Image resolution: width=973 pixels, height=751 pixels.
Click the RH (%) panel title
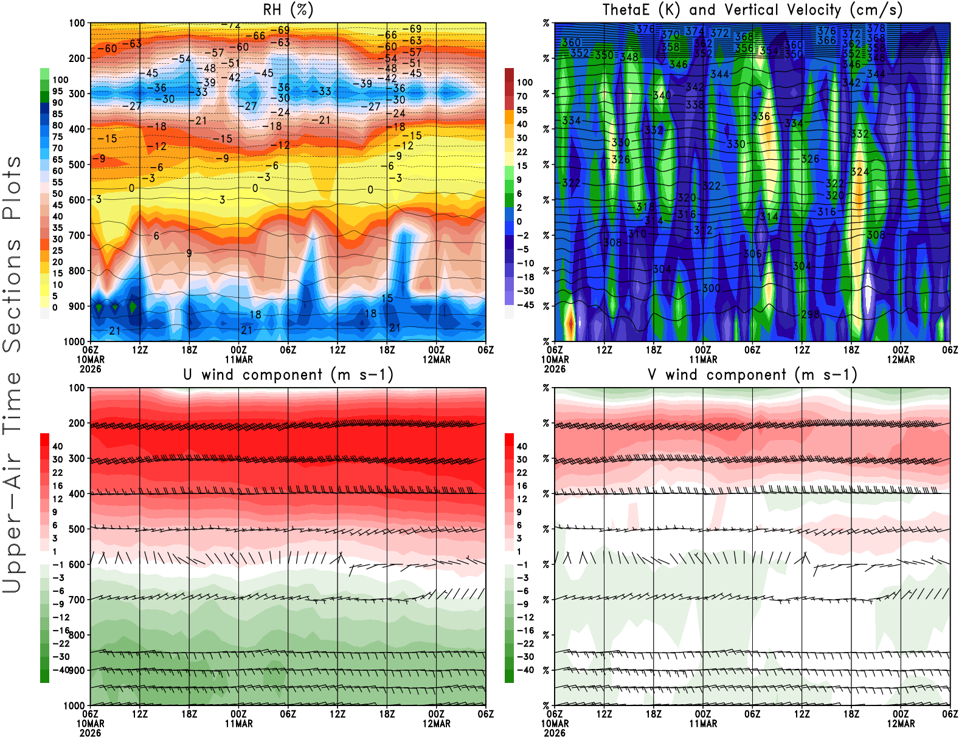(288, 10)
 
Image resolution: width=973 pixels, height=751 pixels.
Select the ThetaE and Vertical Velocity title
(752, 10)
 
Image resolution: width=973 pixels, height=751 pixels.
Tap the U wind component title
(288, 374)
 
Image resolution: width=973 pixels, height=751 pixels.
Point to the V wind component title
(752, 374)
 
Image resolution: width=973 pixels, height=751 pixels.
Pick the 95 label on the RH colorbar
(58, 91)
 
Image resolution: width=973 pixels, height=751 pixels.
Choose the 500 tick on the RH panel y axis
(77, 165)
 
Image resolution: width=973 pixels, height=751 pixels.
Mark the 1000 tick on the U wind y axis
(75, 705)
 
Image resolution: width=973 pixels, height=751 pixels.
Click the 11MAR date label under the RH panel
(239, 359)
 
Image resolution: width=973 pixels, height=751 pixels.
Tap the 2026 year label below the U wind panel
(91, 733)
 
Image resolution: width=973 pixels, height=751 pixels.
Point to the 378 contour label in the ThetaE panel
(876, 29)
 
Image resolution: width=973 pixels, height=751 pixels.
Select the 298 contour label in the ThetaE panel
(810, 314)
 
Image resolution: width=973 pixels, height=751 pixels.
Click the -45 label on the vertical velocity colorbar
(525, 305)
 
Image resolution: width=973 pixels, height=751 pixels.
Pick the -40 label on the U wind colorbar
(61, 670)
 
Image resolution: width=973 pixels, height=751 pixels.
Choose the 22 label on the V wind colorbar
(522, 473)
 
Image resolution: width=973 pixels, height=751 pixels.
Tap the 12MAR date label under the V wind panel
(901, 724)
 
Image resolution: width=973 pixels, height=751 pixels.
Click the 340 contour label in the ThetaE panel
(662, 95)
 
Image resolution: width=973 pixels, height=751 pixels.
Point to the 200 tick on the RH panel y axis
(77, 58)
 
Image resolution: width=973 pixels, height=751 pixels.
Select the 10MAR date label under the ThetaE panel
(555, 359)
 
